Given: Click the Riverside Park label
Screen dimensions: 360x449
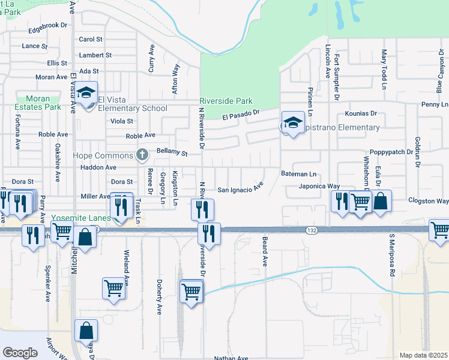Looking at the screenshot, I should (226, 101).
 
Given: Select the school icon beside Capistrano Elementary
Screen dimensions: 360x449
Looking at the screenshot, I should (292, 124).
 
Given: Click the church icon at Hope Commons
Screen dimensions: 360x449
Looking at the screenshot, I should (142, 155).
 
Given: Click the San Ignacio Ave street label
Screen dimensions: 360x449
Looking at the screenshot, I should (240, 190).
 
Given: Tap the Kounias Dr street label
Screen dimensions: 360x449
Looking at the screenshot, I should (361, 113).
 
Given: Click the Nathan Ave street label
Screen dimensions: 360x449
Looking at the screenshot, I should (231, 358).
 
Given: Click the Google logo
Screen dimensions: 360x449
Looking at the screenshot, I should (20, 353).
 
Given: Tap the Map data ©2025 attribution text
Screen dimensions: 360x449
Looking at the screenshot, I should (423, 355).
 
